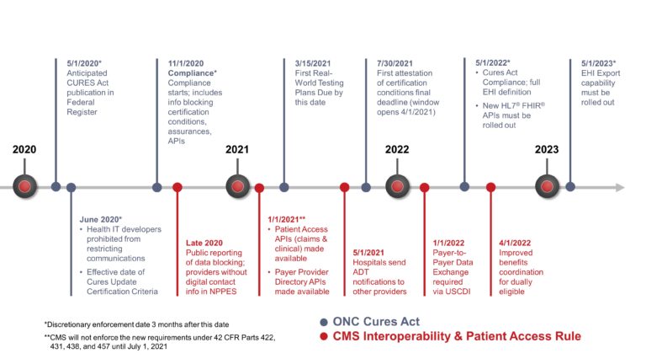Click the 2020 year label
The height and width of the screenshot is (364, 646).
tap(24, 149)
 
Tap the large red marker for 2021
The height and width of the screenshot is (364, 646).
tap(237, 186)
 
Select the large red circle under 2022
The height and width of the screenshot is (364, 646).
tap(397, 186)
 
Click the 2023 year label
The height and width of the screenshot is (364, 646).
tap(547, 149)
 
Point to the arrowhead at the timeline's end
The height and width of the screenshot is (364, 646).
tap(621, 187)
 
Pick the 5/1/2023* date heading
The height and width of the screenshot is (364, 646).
tap(598, 63)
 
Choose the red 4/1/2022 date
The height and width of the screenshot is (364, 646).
tap(515, 240)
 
